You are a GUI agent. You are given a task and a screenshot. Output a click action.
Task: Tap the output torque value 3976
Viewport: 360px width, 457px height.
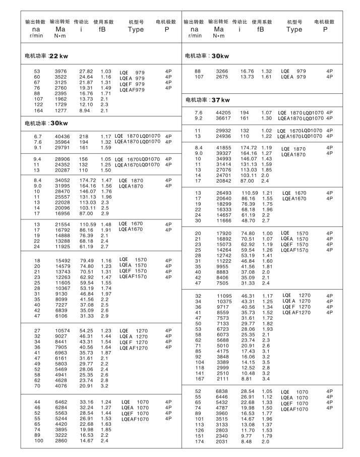click(x=61, y=72)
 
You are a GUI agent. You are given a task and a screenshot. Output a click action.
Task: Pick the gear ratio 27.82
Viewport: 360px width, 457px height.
click(x=86, y=72)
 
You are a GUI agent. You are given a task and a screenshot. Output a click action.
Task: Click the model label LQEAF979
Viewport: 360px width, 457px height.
click(x=132, y=90)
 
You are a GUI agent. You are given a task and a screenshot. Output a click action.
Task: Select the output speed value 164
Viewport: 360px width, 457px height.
click(x=37, y=110)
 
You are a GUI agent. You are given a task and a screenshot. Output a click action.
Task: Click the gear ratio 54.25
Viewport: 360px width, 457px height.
click(x=86, y=330)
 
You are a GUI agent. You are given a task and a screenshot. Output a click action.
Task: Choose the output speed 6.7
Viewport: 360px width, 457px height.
click(x=37, y=137)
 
